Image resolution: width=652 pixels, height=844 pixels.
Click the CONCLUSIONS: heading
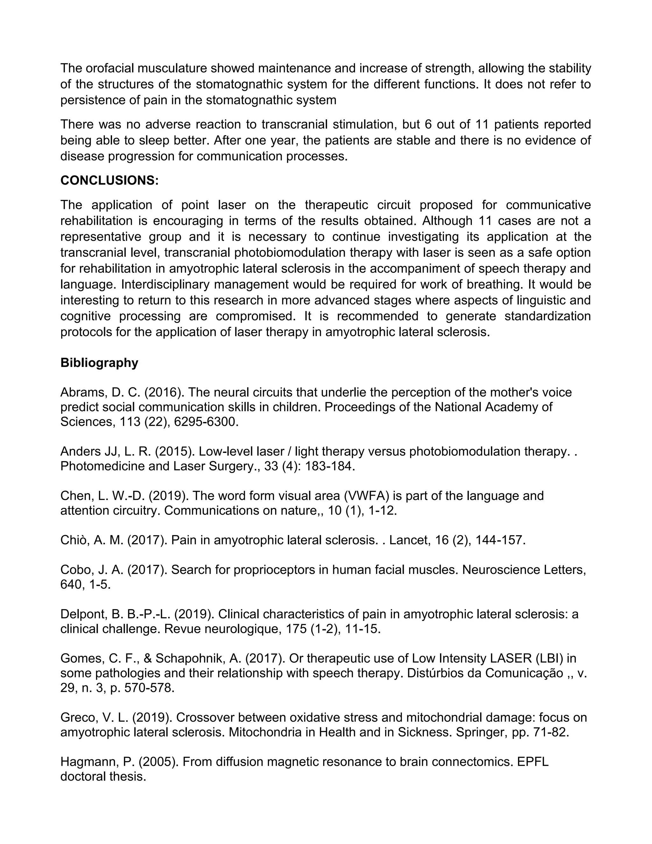pos(109,181)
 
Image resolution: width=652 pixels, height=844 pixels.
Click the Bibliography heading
pos(99,363)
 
